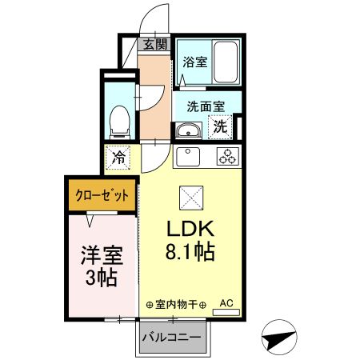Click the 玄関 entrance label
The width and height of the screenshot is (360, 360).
[154, 45]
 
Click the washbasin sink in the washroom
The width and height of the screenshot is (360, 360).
[190, 130]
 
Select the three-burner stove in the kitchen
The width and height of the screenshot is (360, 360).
[226, 156]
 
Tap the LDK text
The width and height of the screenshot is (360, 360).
[189, 227]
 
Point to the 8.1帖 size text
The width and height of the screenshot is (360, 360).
[190, 253]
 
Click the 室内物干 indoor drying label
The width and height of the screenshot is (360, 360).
[176, 305]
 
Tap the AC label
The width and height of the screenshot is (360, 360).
[226, 303]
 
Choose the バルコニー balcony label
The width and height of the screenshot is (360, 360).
[171, 336]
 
